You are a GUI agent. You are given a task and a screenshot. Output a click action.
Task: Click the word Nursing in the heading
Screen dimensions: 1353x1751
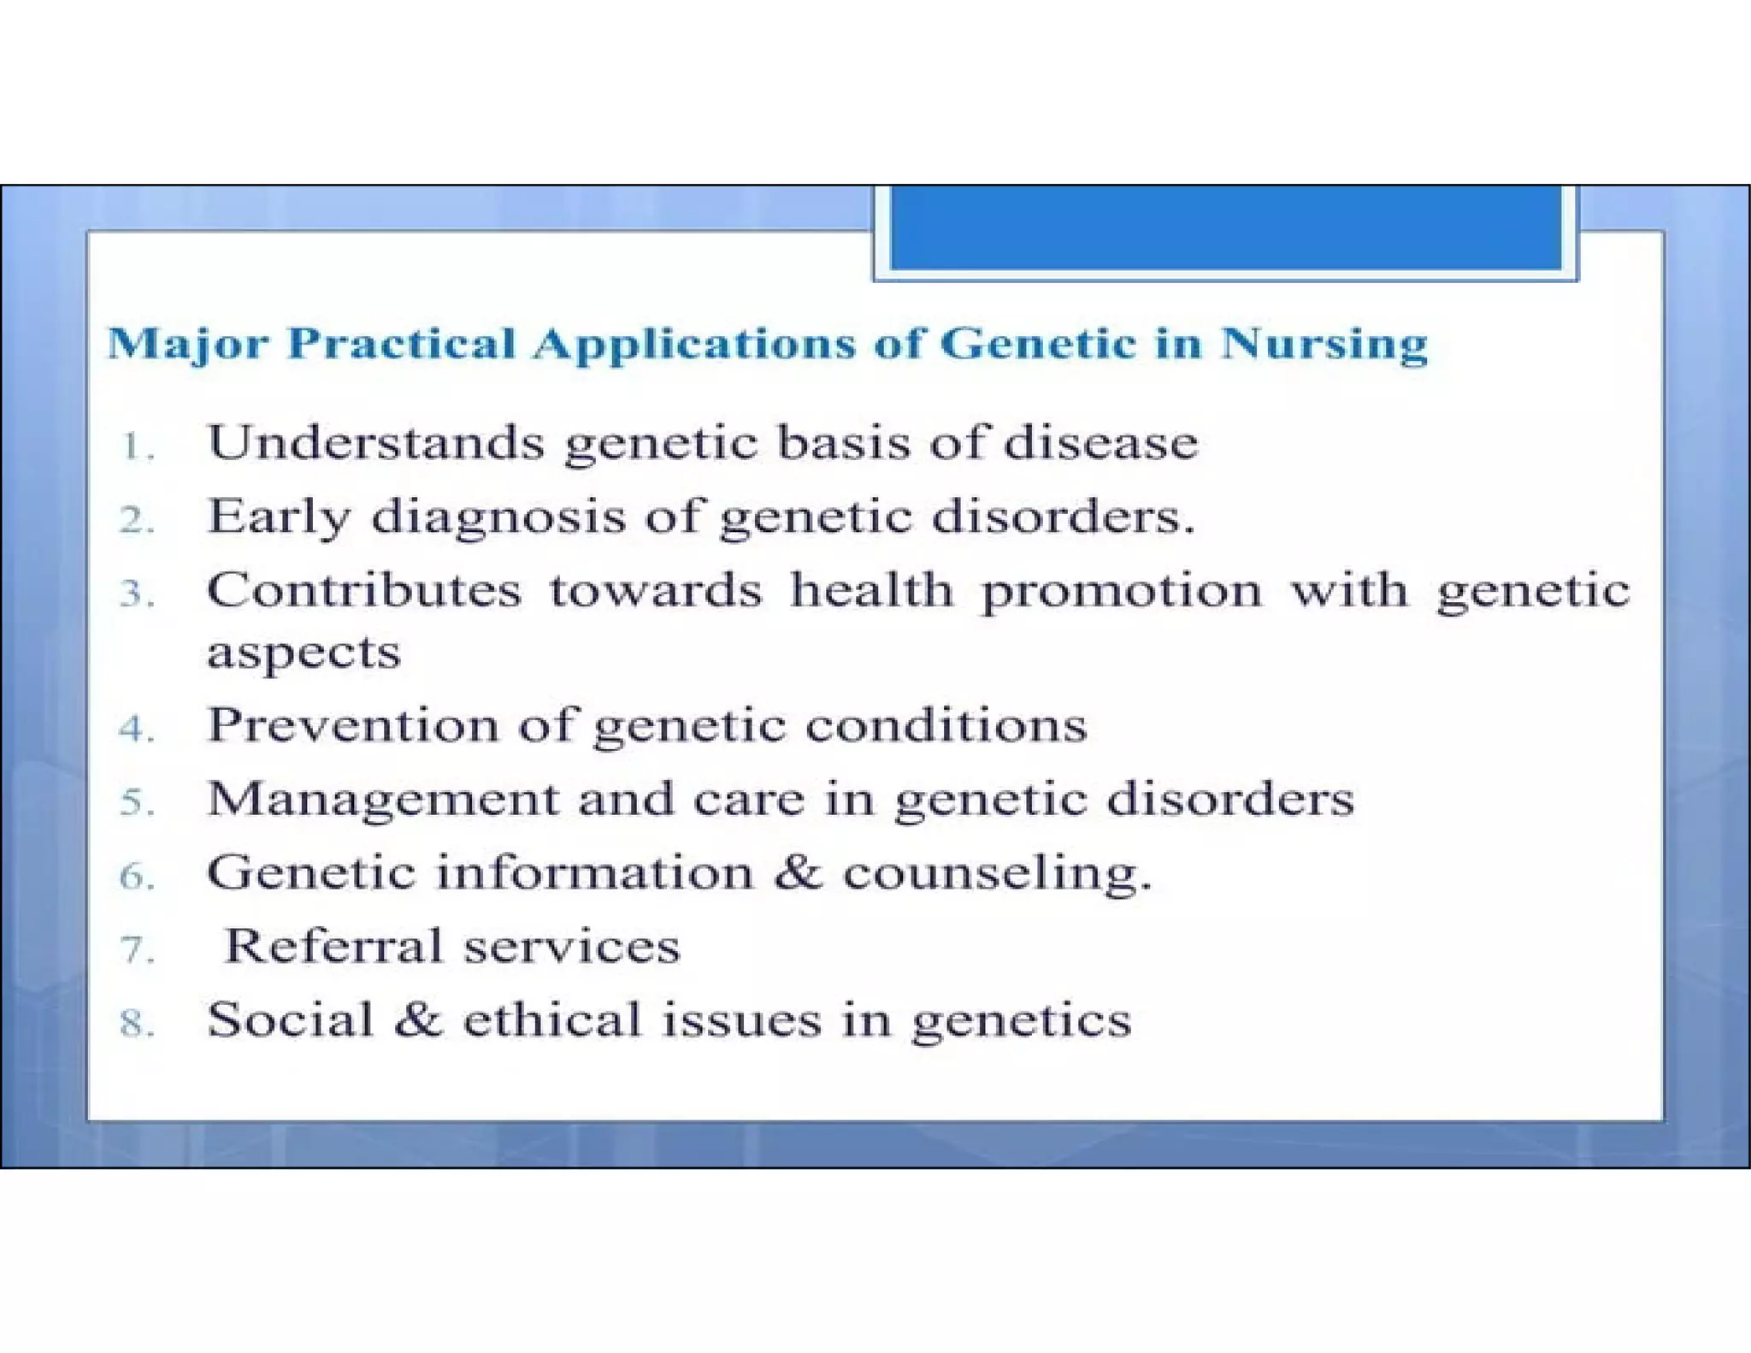point(1324,345)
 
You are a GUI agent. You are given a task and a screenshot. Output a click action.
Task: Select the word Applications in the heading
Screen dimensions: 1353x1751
point(693,345)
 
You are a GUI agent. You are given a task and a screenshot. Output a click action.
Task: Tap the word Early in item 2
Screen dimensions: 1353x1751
point(279,517)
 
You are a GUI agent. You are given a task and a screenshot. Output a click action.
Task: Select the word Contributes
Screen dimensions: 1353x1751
point(363,590)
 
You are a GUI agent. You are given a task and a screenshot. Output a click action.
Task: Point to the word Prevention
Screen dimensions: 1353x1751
point(352,725)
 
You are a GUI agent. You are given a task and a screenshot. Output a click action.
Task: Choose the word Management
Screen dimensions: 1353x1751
point(382,801)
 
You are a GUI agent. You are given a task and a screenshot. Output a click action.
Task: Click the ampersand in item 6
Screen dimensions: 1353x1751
point(799,872)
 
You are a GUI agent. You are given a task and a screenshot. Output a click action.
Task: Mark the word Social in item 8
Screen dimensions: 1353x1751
point(290,1019)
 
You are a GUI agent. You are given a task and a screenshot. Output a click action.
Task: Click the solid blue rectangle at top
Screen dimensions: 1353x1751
point(1225,227)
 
